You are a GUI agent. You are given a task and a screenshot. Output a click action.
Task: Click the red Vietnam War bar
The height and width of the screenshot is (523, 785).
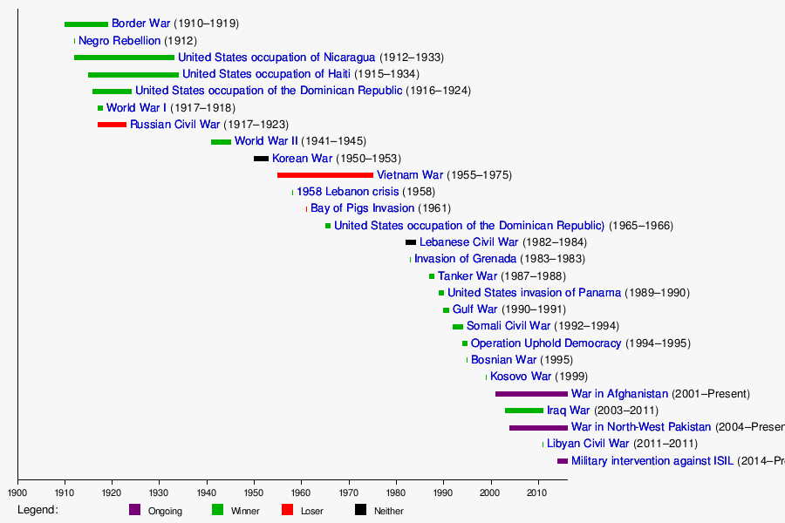(x=325, y=175)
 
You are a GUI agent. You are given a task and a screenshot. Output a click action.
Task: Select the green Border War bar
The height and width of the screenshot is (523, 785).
(x=86, y=24)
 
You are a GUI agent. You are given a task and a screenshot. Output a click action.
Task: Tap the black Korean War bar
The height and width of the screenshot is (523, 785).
(x=261, y=159)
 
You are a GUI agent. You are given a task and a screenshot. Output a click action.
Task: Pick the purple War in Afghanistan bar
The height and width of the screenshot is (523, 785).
(x=531, y=394)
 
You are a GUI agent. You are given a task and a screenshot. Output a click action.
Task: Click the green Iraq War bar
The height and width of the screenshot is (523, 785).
(x=524, y=411)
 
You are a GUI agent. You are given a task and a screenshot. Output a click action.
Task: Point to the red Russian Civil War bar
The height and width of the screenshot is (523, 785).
(x=112, y=125)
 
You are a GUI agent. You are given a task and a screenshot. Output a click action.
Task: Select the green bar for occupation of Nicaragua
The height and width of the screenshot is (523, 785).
(x=124, y=58)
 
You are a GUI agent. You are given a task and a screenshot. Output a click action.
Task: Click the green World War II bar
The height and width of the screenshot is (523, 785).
(x=221, y=141)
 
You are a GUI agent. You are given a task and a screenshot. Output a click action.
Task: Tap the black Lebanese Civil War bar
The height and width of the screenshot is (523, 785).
(x=411, y=242)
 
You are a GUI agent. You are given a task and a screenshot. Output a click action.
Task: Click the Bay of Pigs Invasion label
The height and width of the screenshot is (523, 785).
(x=362, y=208)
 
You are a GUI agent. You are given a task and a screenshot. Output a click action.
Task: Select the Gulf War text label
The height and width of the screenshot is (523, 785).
(x=474, y=309)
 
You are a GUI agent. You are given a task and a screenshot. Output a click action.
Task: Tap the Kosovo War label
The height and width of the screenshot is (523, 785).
(x=521, y=377)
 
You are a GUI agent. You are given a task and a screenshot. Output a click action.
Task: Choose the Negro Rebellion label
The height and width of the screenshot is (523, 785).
(x=119, y=41)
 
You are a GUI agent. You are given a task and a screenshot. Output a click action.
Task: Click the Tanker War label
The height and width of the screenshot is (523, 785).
(x=467, y=276)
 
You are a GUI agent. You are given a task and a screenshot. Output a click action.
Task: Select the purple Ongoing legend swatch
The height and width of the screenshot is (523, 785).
(x=134, y=510)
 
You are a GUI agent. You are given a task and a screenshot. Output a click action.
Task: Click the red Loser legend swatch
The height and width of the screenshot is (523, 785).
(x=287, y=510)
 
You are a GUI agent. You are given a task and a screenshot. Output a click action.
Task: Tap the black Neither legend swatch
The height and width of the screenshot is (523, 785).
(x=360, y=510)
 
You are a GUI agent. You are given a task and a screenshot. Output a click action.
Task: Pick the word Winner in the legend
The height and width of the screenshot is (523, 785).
(x=245, y=511)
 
